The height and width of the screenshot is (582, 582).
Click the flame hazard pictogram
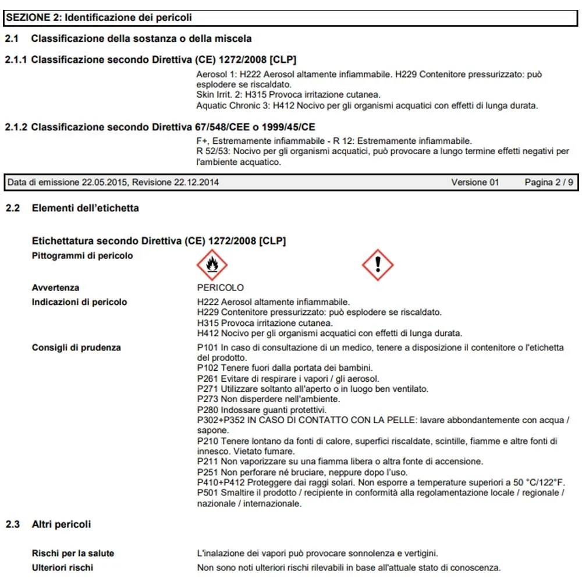(212, 265)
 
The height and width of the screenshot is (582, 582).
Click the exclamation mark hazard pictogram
(378, 265)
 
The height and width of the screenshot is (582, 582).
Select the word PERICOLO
(221, 288)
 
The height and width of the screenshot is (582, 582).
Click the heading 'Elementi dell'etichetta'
(85, 208)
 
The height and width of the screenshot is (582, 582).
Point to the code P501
(208, 493)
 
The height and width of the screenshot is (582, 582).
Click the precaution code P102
(208, 368)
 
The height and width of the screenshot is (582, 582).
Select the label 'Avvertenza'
(55, 288)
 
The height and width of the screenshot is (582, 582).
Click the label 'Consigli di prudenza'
(76, 347)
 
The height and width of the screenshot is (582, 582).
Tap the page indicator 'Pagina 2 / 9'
(548, 182)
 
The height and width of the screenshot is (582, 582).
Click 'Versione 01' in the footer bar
(475, 182)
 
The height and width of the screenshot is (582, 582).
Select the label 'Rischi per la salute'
(73, 553)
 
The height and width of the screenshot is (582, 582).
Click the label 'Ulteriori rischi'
(62, 567)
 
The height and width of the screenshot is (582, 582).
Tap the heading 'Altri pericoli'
(61, 524)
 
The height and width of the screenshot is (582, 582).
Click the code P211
(208, 462)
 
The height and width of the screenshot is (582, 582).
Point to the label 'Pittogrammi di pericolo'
(82, 255)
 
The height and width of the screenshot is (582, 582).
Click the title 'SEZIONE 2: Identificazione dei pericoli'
(99, 17)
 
